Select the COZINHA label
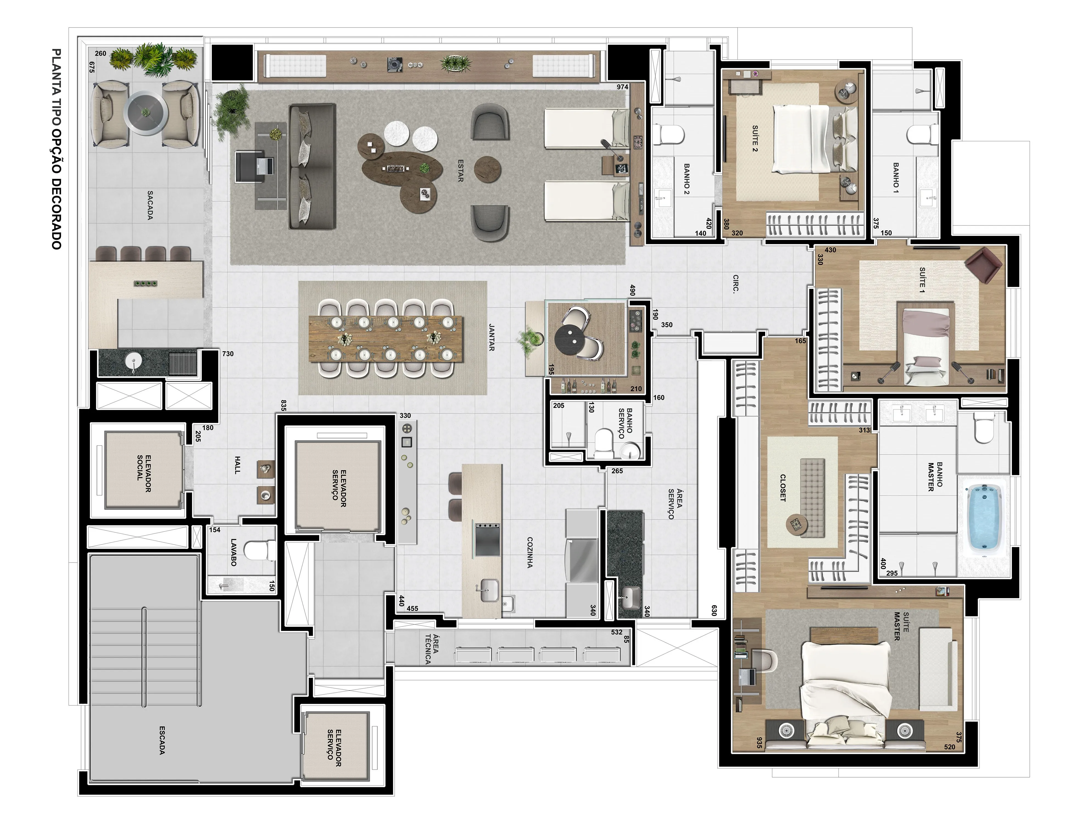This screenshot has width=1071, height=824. tap(530, 552)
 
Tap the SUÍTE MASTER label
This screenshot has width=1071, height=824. tap(900, 626)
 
